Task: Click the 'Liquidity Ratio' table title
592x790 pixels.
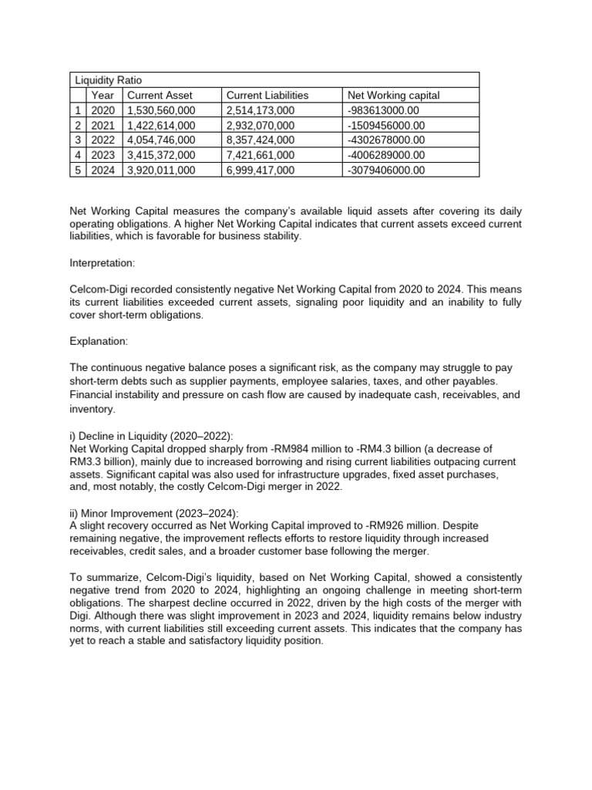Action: pos(108,80)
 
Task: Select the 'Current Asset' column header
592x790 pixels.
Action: pos(160,95)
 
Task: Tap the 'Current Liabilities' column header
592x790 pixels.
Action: pos(267,95)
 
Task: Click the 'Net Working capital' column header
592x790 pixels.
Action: pos(393,95)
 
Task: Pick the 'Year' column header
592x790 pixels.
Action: pos(103,95)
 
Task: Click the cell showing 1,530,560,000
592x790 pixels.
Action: pos(160,110)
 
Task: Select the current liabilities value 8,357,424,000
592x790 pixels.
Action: pos(260,140)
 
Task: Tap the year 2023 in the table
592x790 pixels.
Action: pos(103,155)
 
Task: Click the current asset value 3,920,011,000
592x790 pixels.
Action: pos(160,170)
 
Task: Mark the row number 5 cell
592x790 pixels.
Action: pos(78,170)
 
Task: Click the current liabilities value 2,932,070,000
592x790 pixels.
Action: pos(260,125)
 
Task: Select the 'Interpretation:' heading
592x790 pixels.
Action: pos(102,263)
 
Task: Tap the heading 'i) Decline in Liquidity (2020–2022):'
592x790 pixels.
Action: pos(153,437)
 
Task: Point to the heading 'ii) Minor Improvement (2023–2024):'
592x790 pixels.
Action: pos(154,513)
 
